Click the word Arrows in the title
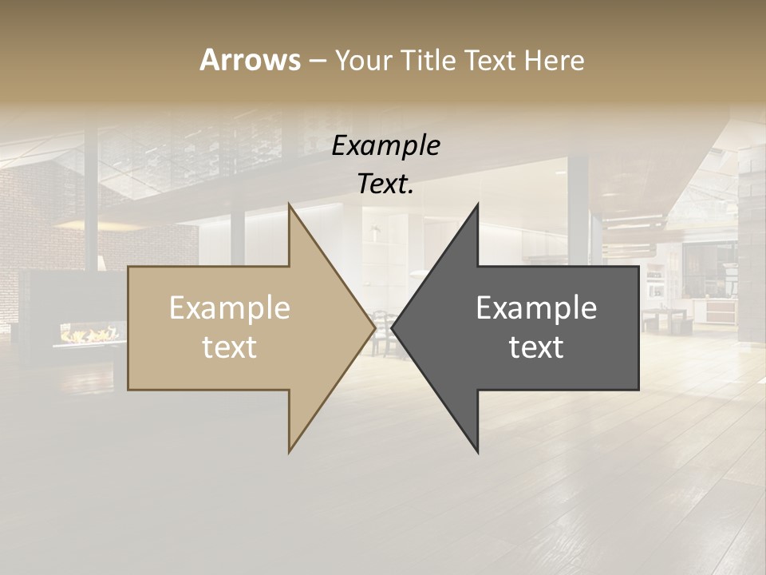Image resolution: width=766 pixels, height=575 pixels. (x=250, y=60)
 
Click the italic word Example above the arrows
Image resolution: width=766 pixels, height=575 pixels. (x=385, y=146)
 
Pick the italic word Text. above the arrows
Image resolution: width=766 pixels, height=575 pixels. (x=385, y=184)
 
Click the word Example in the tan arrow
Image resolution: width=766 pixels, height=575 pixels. (x=230, y=308)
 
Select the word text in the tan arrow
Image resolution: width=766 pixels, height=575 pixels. (x=230, y=347)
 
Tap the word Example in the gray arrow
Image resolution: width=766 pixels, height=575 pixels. (x=536, y=308)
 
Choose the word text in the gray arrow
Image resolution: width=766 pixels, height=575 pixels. (x=536, y=347)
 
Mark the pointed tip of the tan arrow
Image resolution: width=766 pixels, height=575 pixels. (x=375, y=328)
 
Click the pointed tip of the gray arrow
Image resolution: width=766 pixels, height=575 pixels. (x=392, y=328)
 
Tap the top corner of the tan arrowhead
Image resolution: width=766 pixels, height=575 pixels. (x=289, y=204)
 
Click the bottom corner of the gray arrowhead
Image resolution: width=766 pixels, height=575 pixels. (x=478, y=453)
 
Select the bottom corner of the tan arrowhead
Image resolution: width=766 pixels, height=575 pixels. (x=289, y=453)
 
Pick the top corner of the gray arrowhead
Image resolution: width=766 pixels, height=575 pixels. (x=478, y=204)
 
